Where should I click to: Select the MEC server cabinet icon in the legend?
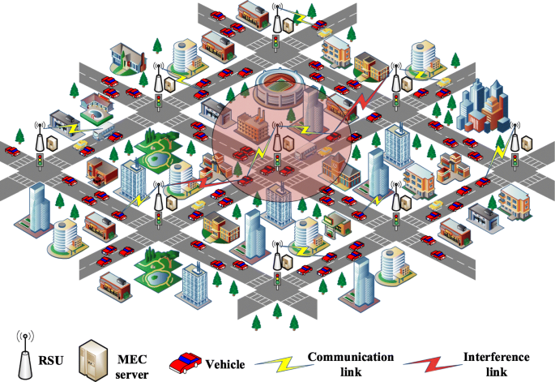click(x=92, y=354)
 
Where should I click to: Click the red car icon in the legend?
click(x=185, y=361)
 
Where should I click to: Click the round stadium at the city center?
click(x=276, y=88)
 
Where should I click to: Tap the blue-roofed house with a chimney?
click(x=126, y=57)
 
